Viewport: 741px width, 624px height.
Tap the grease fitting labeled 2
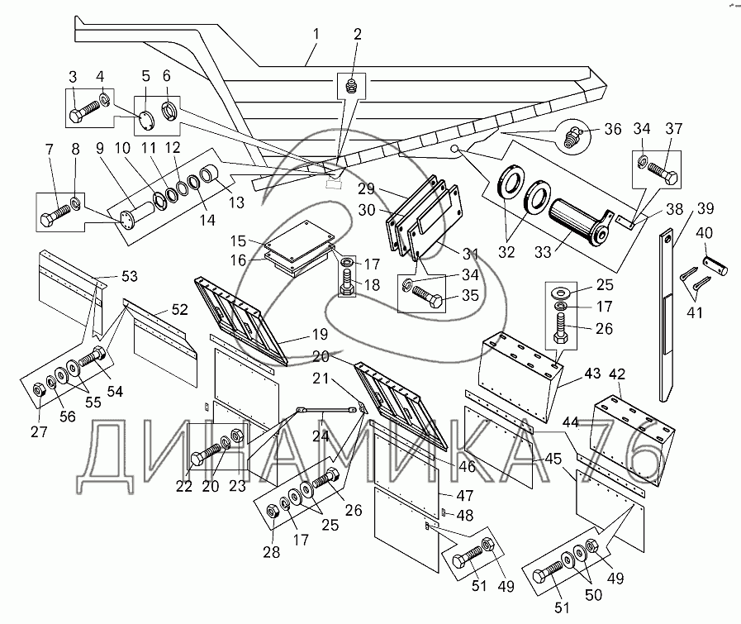click(x=350, y=84)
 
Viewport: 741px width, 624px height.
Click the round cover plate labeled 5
click(x=145, y=118)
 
